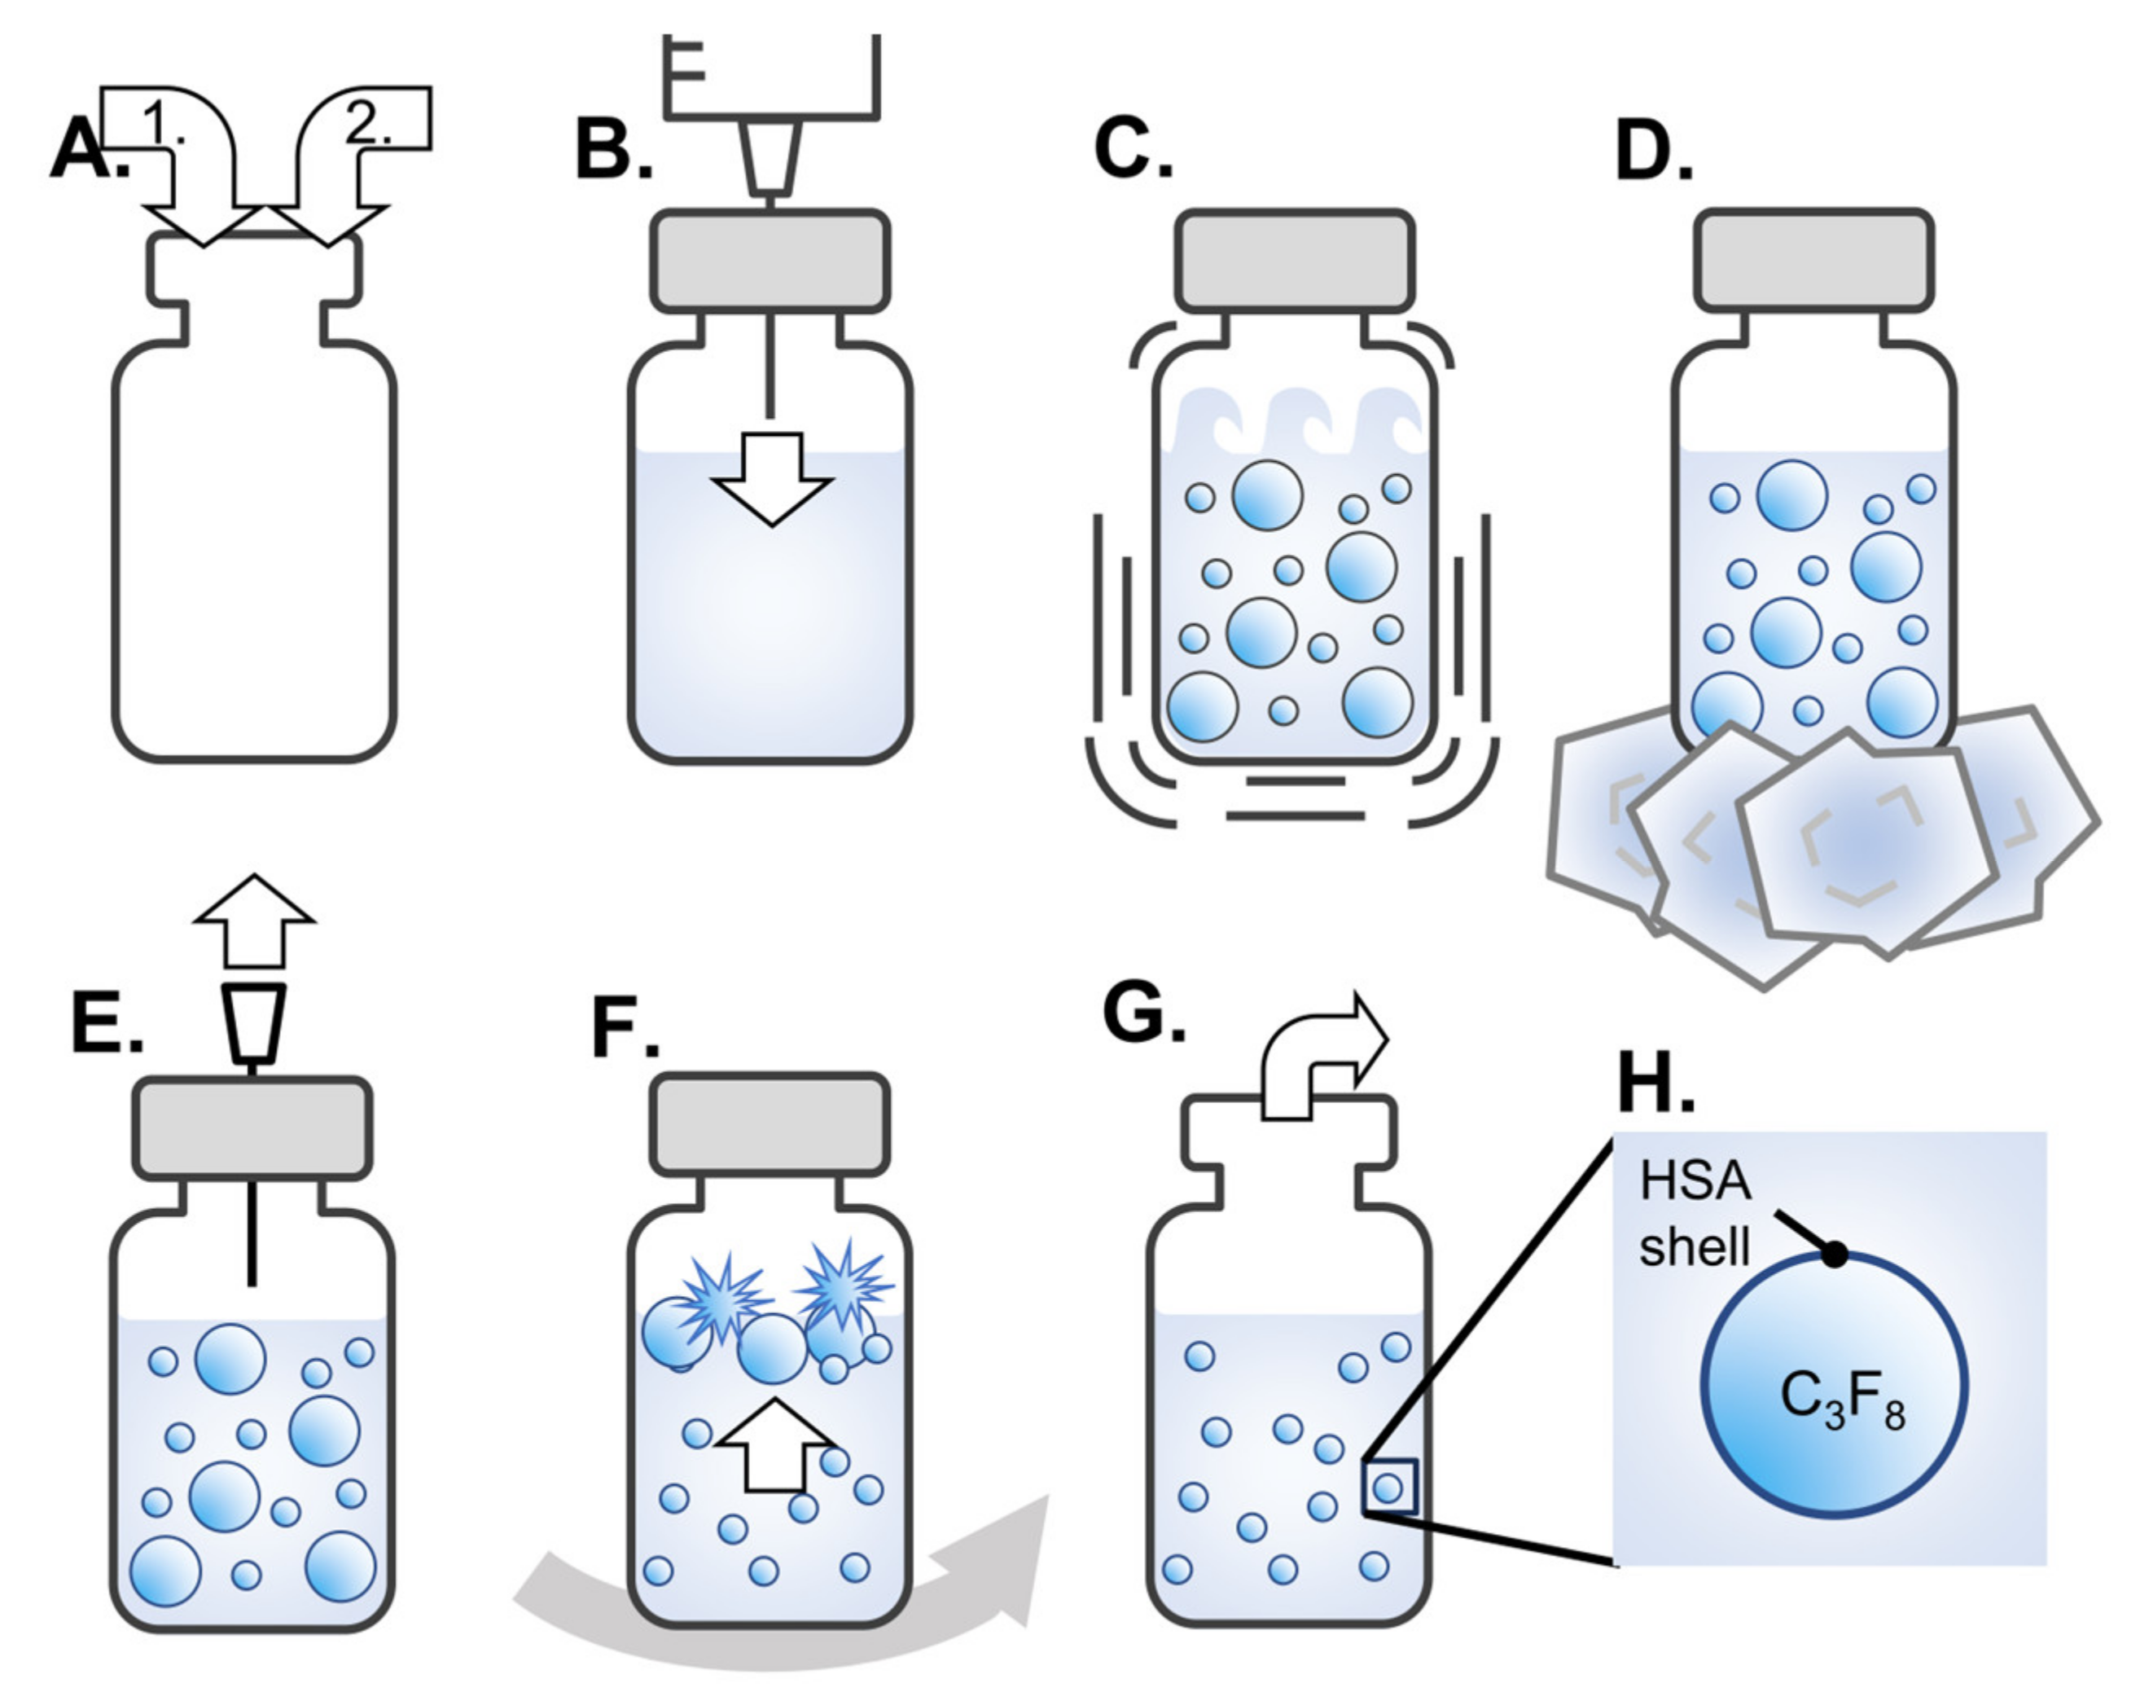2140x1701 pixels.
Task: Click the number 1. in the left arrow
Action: point(164,123)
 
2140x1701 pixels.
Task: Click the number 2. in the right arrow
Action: point(368,123)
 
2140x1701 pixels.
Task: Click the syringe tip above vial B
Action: point(770,157)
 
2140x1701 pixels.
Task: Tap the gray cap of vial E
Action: point(252,1128)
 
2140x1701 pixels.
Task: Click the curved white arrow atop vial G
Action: point(1320,1058)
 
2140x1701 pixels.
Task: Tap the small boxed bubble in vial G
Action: point(1388,1488)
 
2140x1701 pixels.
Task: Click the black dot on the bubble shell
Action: point(1835,1255)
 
